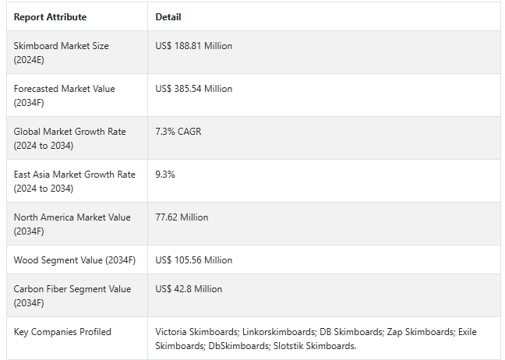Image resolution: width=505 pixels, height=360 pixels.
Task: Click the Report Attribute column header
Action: pos(50,17)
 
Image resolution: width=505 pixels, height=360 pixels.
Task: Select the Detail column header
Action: pos(168,17)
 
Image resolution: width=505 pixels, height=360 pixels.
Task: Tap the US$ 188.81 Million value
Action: pos(193,46)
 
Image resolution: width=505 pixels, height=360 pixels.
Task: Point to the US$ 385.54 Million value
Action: pos(193,89)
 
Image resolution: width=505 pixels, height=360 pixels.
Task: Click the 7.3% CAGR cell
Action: pos(178,132)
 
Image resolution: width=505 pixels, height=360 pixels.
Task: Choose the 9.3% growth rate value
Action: pos(165,175)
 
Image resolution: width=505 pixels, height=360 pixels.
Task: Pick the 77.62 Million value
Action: pos(182,217)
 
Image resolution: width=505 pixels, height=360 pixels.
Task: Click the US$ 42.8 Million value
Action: pos(189,289)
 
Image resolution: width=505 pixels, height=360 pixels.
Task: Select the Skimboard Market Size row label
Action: pos(61,52)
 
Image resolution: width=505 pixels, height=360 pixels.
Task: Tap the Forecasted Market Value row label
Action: pos(64,95)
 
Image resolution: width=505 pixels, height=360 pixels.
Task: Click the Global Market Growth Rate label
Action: pos(69,138)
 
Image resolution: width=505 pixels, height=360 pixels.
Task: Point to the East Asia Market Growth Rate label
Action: pos(74,181)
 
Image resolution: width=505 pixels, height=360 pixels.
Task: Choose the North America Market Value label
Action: pos(71,224)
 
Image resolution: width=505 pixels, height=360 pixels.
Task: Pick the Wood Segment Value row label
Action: pos(74,260)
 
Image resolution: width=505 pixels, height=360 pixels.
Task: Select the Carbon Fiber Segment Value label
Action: pos(72,295)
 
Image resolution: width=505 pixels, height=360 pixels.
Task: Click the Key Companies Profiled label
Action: pos(62,332)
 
